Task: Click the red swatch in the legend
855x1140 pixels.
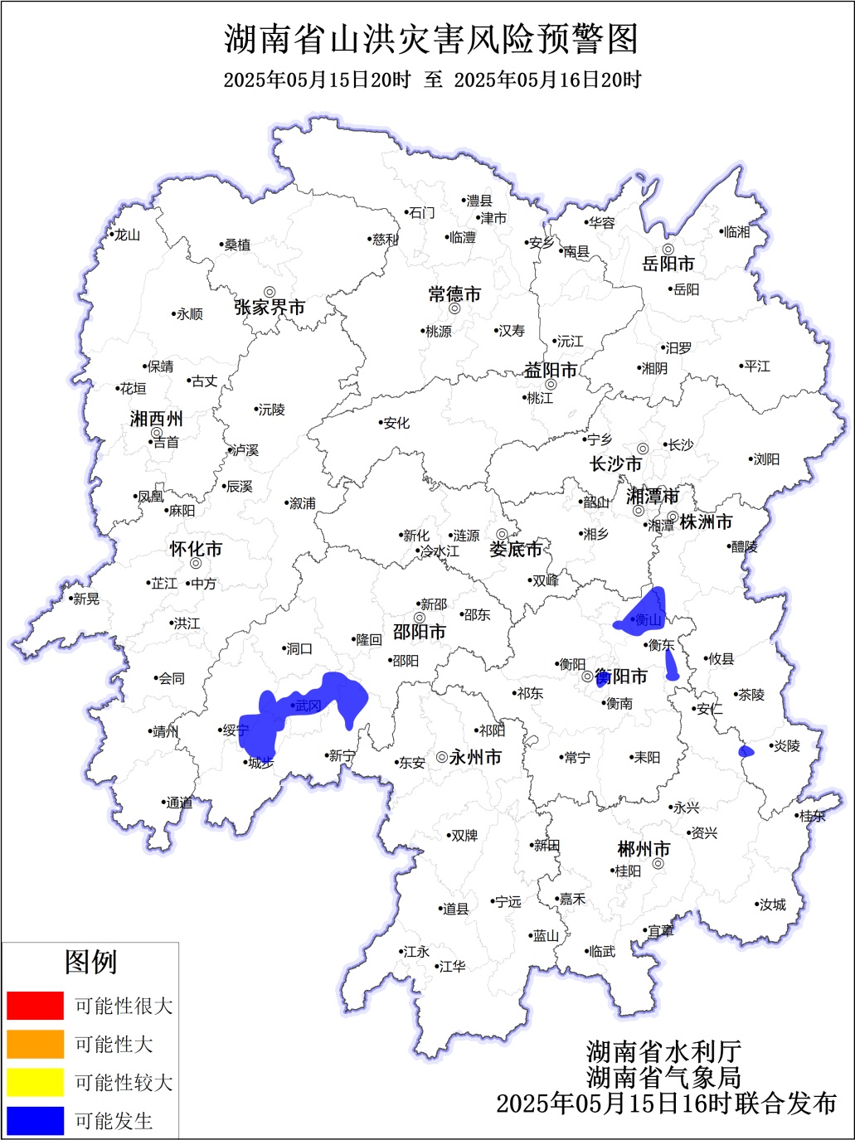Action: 35,1005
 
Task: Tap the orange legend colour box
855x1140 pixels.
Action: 35,1044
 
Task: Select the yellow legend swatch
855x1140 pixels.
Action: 35,1082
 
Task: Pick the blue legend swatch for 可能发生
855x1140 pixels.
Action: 35,1121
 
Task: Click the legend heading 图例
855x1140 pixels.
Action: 90,962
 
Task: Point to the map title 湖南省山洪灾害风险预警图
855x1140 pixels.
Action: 431,39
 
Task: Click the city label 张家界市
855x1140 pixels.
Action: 270,308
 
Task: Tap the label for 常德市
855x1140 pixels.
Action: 454,294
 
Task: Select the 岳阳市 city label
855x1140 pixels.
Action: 668,264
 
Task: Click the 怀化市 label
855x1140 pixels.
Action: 196,549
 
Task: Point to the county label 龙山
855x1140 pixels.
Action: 128,235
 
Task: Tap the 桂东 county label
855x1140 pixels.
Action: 813,816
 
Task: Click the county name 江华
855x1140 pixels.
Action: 452,966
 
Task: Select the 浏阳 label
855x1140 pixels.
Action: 765,459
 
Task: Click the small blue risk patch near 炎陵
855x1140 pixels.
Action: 746,751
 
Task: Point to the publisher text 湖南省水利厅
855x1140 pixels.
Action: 663,1051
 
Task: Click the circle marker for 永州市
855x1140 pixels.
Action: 442,757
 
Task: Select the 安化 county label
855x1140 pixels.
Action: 396,423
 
